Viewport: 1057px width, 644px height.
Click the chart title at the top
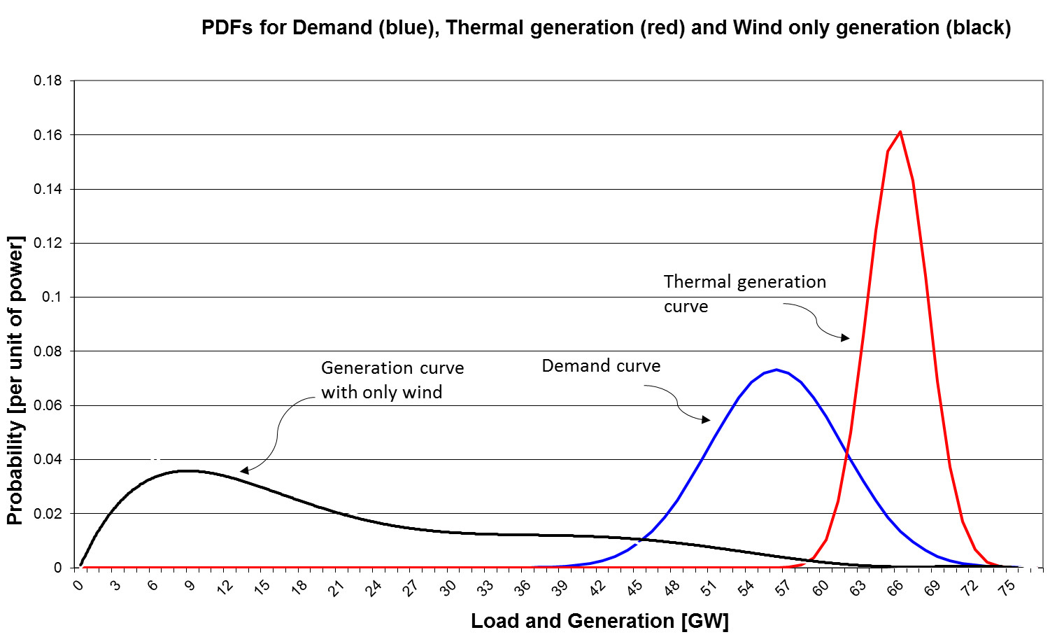click(606, 28)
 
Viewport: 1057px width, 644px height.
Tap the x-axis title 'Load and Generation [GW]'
click(600, 621)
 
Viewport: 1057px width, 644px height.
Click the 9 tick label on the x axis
click(189, 585)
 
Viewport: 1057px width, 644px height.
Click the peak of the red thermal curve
click(900, 132)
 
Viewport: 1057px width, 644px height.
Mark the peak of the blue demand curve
click(776, 370)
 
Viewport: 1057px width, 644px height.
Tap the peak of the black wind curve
click(186, 471)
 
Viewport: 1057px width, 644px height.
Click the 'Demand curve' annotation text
click(601, 366)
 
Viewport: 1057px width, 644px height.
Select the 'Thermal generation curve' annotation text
click(744, 294)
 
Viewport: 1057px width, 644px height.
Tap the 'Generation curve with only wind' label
click(392, 380)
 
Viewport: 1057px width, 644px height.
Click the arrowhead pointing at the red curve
click(845, 338)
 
